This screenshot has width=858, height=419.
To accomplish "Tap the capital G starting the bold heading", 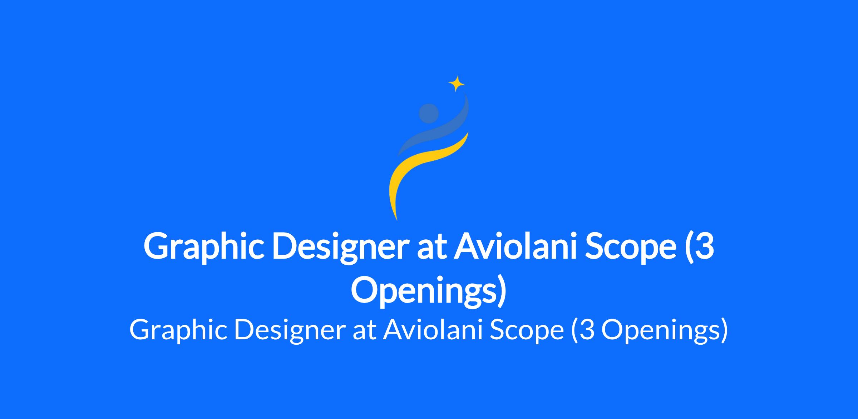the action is (156, 246).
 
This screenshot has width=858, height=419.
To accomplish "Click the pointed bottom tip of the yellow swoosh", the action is (396, 219).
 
